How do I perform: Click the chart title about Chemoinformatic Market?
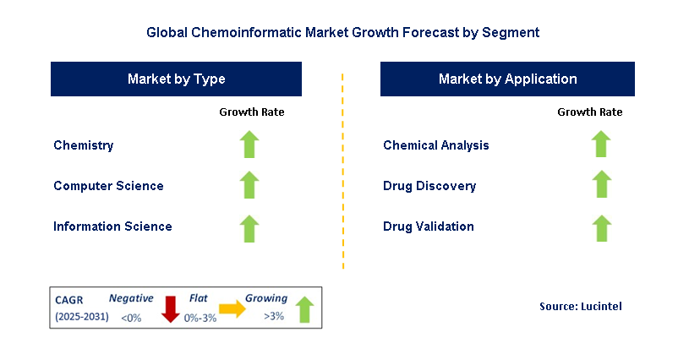click(342, 33)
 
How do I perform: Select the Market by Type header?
click(177, 79)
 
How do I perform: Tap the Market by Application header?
click(507, 79)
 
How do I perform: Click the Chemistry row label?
click(83, 145)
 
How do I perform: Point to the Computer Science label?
click(108, 186)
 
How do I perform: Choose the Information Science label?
click(112, 226)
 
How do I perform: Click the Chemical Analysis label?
click(435, 145)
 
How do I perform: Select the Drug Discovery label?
click(429, 186)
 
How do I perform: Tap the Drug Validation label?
click(428, 226)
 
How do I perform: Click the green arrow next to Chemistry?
click(249, 145)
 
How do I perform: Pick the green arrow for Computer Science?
click(249, 185)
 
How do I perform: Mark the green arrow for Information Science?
click(249, 227)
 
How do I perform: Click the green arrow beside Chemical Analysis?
click(601, 145)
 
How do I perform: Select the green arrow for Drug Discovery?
click(601, 185)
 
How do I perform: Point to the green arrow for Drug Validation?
click(601, 227)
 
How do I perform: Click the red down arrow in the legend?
click(170, 308)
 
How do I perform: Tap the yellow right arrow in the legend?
click(230, 310)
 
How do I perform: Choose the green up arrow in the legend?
click(304, 309)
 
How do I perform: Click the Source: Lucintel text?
click(580, 306)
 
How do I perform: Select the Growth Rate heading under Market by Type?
click(252, 112)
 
